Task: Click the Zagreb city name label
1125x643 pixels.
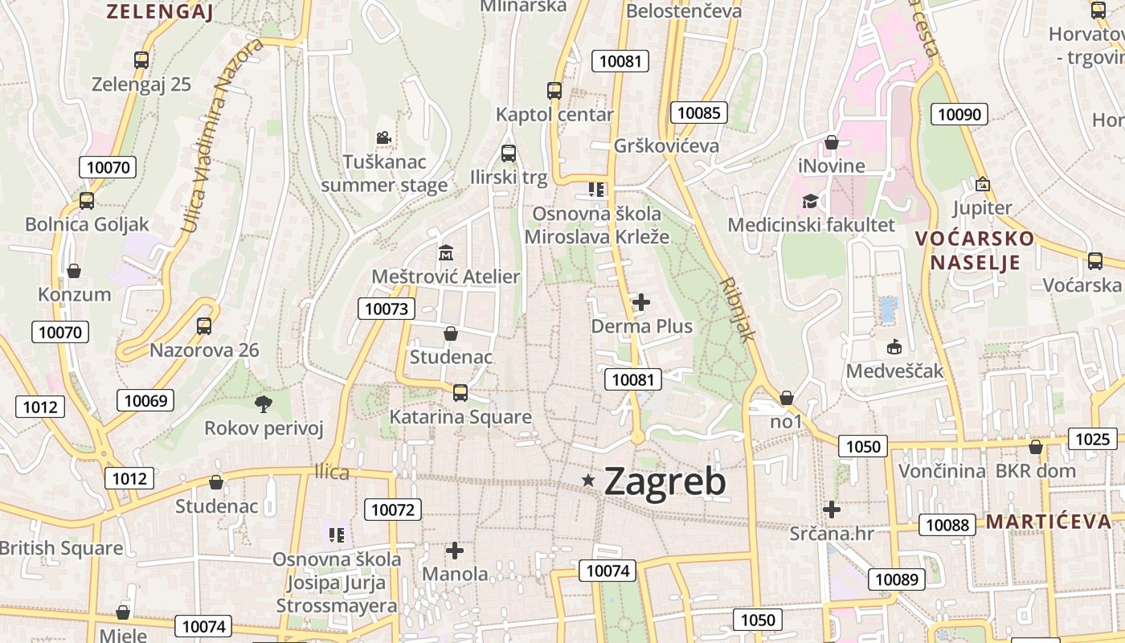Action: tap(665, 481)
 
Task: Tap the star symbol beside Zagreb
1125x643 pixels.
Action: tap(589, 481)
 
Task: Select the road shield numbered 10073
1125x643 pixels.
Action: tap(387, 309)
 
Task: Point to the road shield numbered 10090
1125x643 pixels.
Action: tap(959, 114)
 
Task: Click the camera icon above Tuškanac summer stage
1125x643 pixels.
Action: tap(383, 137)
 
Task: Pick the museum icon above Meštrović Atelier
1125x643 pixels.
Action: tap(445, 253)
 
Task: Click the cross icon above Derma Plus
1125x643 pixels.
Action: tap(641, 302)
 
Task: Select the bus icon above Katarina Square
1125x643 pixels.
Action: tap(460, 392)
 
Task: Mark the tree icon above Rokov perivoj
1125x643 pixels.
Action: tap(263, 403)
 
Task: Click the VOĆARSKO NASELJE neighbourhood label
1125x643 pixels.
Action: tap(975, 250)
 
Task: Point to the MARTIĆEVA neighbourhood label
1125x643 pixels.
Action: tap(1049, 522)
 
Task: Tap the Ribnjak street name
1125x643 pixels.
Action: tap(738, 310)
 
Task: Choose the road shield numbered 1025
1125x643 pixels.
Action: tap(1093, 439)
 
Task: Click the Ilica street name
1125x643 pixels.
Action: tap(332, 472)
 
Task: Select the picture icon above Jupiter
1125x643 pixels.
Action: tap(982, 184)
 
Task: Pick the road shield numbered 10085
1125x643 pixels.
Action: tap(698, 113)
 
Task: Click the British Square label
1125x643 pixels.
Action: tap(61, 548)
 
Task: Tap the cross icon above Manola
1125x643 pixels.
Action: tap(455, 551)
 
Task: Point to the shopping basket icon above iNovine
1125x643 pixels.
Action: tap(832, 142)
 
